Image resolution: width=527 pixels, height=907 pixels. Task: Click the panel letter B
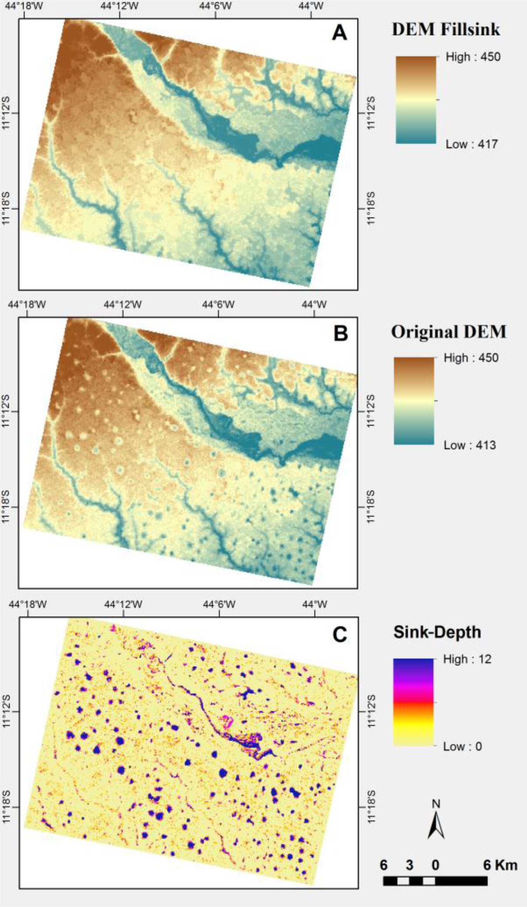coord(340,333)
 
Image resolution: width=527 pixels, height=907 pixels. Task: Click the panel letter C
coord(339,634)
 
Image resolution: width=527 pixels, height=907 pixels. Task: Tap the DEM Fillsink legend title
coord(446,30)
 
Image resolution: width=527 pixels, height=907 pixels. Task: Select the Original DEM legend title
coord(448,332)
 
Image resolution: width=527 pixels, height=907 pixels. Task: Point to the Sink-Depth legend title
coord(437,632)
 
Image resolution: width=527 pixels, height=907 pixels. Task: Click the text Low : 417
coord(472,144)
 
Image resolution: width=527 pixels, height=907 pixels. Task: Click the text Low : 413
coord(470,445)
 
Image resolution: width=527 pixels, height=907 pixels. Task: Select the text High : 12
coord(467,659)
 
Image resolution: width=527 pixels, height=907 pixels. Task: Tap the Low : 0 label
coord(462,746)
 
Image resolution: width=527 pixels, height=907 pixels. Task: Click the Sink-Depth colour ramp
coord(413,702)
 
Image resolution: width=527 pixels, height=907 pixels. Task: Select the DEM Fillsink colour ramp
coord(416,100)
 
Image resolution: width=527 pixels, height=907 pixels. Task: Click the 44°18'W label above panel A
coord(25,6)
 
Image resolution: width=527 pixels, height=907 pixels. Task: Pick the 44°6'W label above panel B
coord(218,305)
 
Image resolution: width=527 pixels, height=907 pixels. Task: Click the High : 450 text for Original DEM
coord(471,358)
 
